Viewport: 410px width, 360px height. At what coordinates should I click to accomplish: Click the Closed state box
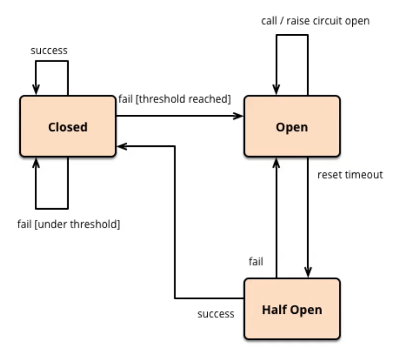pos(68,127)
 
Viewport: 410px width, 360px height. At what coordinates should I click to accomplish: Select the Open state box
pos(292,127)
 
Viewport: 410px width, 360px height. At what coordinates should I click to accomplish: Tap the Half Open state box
pos(292,309)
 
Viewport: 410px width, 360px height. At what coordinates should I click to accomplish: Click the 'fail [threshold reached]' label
pos(174,99)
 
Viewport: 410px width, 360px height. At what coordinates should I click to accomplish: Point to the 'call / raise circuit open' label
pos(316,21)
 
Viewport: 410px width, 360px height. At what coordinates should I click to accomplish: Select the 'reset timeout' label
pos(350,174)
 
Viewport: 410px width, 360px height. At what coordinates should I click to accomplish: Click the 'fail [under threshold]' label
pos(69,224)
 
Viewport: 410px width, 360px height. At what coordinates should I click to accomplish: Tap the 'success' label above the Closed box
pos(49,51)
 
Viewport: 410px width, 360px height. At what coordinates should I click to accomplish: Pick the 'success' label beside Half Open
pos(216,314)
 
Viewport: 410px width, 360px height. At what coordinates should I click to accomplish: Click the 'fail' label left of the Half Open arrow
pos(256,261)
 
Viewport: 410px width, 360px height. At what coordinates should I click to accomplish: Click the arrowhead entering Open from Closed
pos(238,116)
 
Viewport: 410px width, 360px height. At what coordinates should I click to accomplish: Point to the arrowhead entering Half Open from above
pos(308,272)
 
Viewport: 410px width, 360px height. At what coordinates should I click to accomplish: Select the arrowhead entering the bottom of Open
pos(276,163)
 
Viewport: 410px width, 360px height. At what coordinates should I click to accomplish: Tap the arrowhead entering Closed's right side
pos(122,146)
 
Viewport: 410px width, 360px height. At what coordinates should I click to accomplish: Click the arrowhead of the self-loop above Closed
pos(36,89)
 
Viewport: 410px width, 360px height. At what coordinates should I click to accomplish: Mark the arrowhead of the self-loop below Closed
pos(36,163)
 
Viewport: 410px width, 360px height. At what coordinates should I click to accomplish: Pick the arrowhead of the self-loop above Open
pos(276,89)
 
